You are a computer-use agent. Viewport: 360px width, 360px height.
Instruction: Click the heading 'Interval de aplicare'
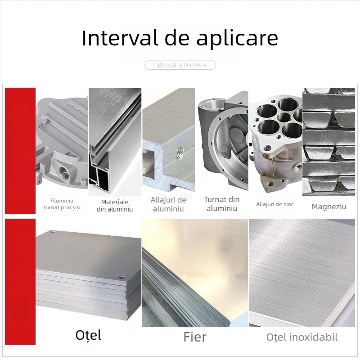180,39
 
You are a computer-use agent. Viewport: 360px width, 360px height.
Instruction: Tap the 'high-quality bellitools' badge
180,65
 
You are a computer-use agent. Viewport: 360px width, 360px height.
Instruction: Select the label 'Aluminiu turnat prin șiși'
62,204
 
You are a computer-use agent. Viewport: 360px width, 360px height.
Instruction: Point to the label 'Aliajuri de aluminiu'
168,204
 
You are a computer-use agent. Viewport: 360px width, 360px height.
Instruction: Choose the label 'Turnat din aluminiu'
221,204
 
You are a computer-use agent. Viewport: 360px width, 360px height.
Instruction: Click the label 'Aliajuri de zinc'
275,204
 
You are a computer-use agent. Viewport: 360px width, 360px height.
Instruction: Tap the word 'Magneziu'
328,207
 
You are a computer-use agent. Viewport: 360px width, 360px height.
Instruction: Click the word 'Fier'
195,337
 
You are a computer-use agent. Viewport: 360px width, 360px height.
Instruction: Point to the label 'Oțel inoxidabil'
302,337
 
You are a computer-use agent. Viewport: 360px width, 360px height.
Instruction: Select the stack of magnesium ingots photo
328,142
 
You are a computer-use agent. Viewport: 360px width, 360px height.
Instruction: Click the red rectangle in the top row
20,150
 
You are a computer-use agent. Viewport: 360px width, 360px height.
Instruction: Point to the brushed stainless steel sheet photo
302,272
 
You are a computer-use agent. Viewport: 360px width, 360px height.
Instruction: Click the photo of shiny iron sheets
195,272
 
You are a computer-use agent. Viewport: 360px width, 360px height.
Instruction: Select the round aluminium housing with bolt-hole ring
223,142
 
